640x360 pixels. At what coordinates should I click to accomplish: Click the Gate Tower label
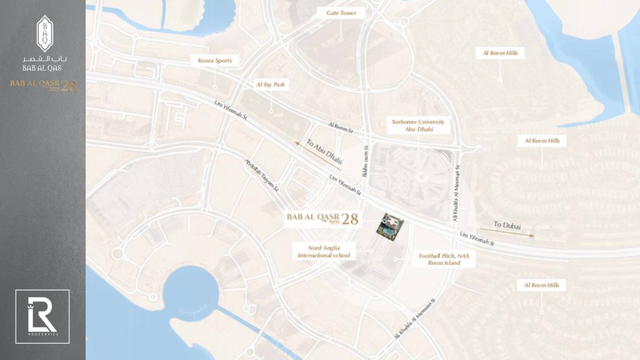[x=341, y=13]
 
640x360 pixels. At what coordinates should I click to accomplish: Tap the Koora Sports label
[x=214, y=61]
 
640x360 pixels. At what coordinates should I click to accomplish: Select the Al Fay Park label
[x=271, y=84]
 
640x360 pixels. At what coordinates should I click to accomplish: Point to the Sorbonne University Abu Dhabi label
[x=418, y=126]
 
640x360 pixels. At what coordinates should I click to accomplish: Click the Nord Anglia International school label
[x=324, y=251]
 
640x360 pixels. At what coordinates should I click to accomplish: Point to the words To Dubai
[x=506, y=224]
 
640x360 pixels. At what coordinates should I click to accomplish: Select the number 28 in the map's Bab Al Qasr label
[x=351, y=219]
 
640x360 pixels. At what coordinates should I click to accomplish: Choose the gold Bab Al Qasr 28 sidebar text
[x=42, y=86]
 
